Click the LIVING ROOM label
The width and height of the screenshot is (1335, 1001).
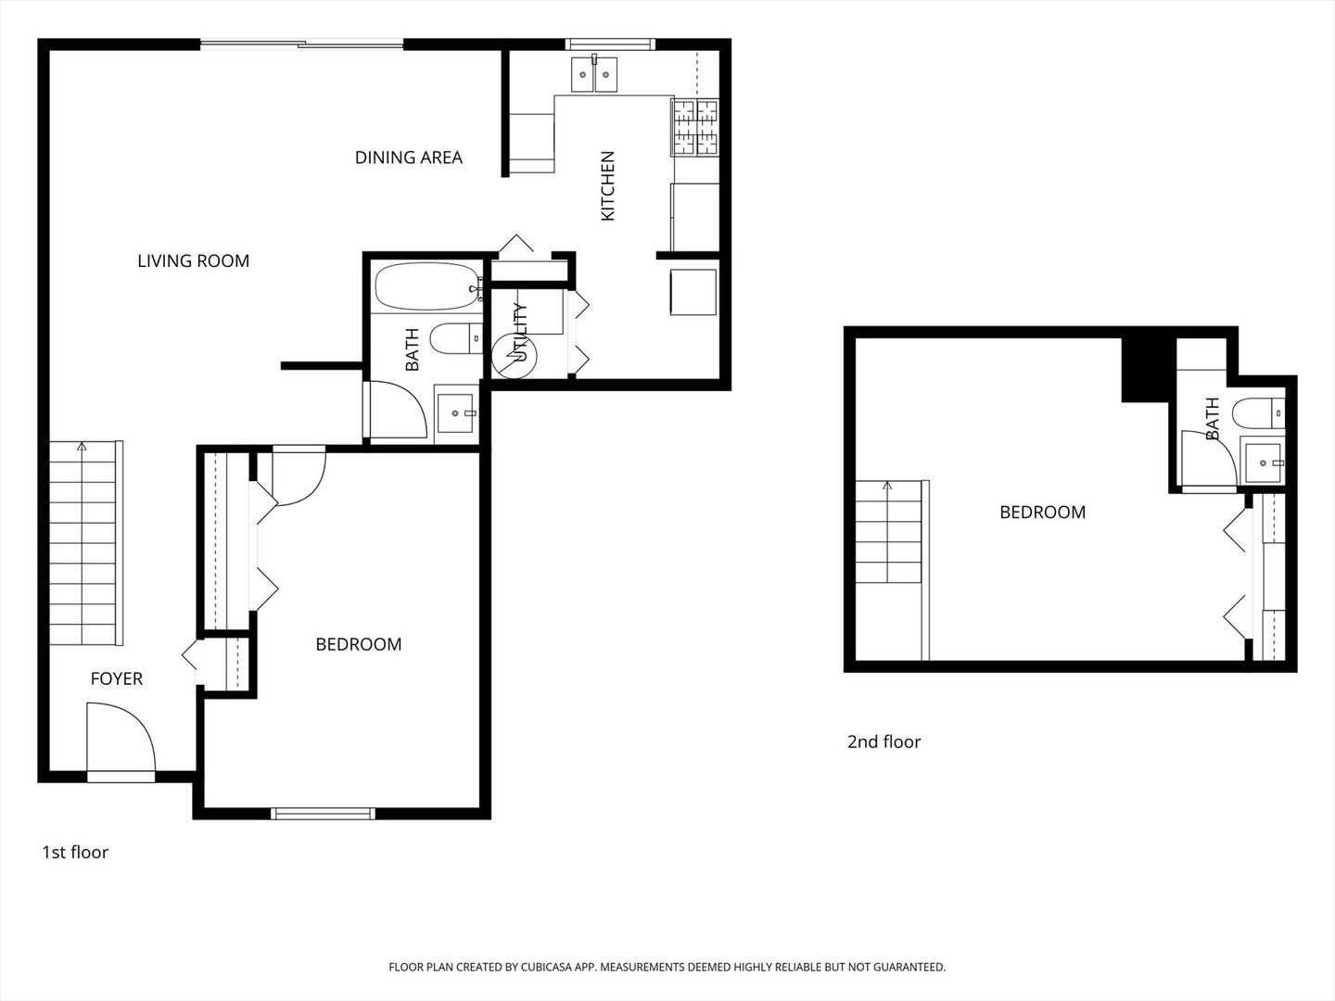coord(193,261)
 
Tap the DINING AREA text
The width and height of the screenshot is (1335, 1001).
coord(408,158)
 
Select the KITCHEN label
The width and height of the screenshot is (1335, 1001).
coord(608,186)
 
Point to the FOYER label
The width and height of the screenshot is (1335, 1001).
coord(117,679)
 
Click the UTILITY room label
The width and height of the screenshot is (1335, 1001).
coord(520,333)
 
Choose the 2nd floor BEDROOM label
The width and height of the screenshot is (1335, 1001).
coord(1042,513)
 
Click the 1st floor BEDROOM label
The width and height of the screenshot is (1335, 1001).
coord(359,644)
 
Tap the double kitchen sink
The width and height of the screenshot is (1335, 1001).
coord(593,74)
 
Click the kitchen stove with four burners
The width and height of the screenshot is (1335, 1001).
coord(695,127)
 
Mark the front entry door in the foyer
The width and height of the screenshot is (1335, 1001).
coord(121,739)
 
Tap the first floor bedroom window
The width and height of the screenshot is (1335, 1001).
coord(323,814)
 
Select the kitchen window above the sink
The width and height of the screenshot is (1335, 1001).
coord(611,44)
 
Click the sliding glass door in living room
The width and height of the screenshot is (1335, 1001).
coord(302,44)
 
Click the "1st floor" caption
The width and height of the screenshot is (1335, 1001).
coord(75,853)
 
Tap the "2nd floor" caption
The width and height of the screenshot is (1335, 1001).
coord(884,742)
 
